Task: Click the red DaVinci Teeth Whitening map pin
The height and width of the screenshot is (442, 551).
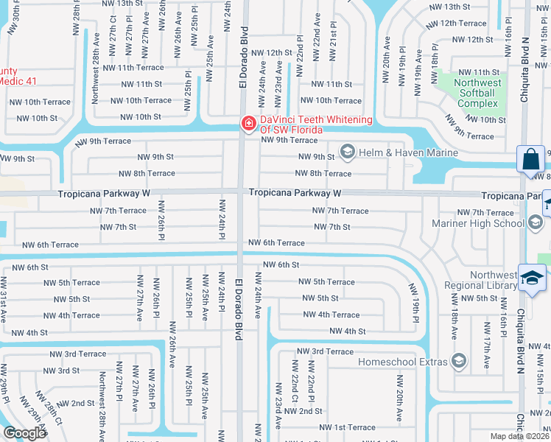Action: coord(250,124)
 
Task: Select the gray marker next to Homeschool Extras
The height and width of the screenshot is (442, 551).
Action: coord(460,361)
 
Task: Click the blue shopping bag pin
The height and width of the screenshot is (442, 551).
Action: coord(530,160)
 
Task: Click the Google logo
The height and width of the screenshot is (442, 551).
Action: coord(24,432)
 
